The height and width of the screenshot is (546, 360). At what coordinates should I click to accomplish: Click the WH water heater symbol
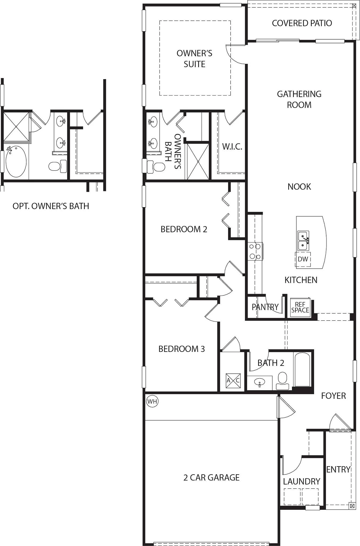pos(152,401)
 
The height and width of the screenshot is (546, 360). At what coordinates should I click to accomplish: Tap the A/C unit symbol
pos(233,380)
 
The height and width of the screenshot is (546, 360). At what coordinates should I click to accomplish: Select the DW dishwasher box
pos(303,259)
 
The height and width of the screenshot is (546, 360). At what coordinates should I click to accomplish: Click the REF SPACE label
pos(300,308)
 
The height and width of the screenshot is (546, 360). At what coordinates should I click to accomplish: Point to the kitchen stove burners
pos(255,251)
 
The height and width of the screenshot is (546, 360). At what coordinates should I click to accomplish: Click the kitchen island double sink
pos(303,241)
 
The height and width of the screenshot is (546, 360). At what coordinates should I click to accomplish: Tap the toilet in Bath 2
pos(282,381)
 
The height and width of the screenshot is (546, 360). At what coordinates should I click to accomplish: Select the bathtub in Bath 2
pos(302,369)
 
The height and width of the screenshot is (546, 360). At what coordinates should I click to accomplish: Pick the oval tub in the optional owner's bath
pos(16,161)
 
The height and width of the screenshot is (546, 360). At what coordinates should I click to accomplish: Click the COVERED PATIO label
pos(302,23)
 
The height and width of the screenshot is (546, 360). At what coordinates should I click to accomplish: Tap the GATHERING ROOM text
pos(299,99)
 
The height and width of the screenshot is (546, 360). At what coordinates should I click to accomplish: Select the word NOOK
pos(299,187)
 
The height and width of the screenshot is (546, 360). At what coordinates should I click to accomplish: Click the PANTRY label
pos(265,307)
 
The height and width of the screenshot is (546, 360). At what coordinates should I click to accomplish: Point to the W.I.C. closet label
pos(232,146)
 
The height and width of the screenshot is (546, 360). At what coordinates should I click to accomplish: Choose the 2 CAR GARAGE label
pos(211,477)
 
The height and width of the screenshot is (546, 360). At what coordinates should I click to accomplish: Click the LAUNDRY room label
pos(302,481)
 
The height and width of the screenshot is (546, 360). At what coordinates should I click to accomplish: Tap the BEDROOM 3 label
pos(182,349)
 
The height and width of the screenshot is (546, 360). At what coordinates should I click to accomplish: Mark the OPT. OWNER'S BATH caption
pos(51,206)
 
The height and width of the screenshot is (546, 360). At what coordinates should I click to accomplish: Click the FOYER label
pos(333,396)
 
